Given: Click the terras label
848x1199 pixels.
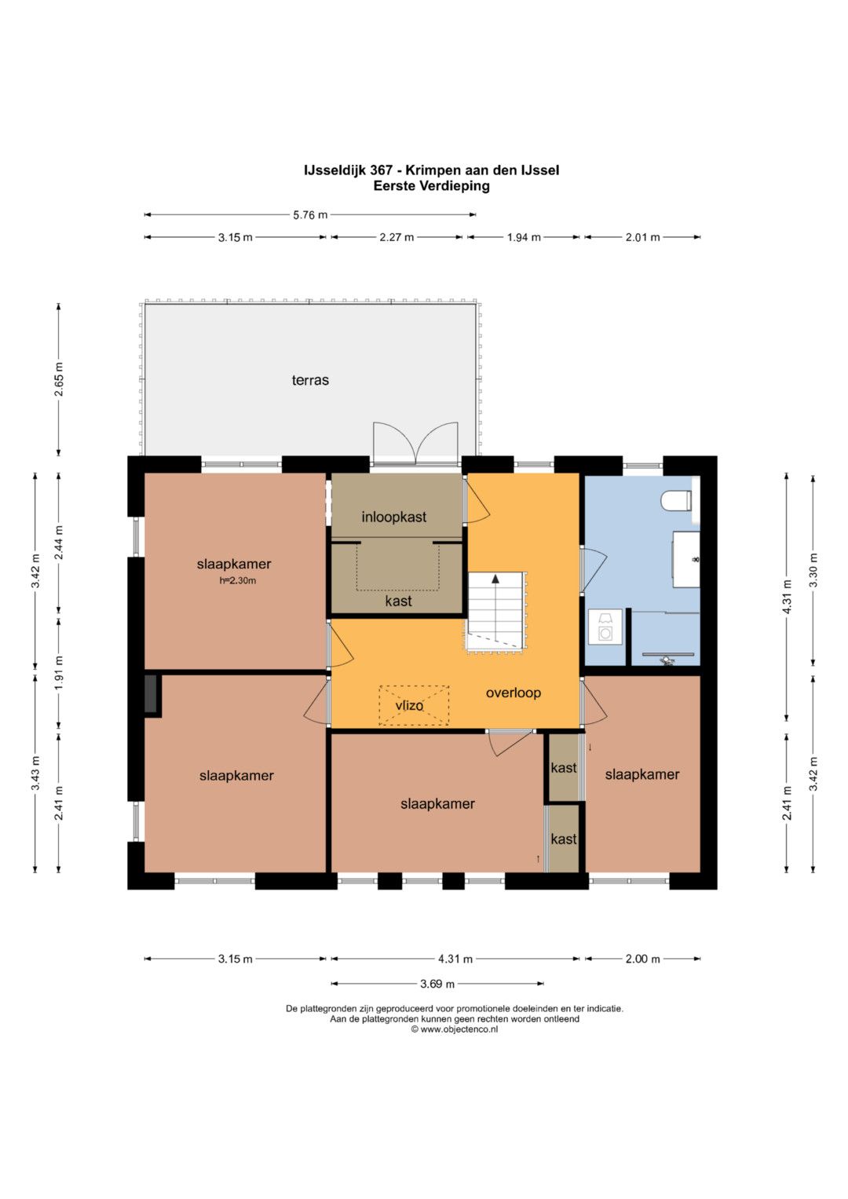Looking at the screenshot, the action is (x=310, y=381).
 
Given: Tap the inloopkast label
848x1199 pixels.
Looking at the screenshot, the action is (x=394, y=517).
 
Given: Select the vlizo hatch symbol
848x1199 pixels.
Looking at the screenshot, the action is (x=414, y=705).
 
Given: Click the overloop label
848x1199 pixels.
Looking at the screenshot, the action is (x=514, y=693).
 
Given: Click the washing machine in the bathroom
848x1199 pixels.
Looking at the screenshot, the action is (x=605, y=627).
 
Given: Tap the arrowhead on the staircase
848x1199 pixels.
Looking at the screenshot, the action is (x=495, y=579).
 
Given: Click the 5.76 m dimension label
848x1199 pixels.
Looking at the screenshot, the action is (x=310, y=215).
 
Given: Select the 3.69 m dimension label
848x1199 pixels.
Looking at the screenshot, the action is (x=437, y=984).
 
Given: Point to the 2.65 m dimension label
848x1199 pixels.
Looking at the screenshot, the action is (x=59, y=379).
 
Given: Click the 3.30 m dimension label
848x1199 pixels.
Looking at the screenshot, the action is (x=813, y=570).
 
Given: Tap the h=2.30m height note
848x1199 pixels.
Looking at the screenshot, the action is (x=238, y=580).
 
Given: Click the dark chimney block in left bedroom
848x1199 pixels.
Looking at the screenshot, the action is (x=152, y=693).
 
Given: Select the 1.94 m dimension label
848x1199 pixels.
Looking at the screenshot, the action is (x=524, y=238).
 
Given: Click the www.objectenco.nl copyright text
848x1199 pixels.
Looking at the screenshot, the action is (x=454, y=1029).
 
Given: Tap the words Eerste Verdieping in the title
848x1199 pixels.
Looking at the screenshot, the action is (x=432, y=186).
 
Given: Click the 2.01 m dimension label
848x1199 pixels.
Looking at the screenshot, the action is (x=642, y=238).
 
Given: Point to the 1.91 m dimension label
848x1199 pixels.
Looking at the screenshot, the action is (x=59, y=674).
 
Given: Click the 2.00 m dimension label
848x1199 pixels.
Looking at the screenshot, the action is (x=642, y=960).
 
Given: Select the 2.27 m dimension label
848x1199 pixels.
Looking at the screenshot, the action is (x=397, y=238).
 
